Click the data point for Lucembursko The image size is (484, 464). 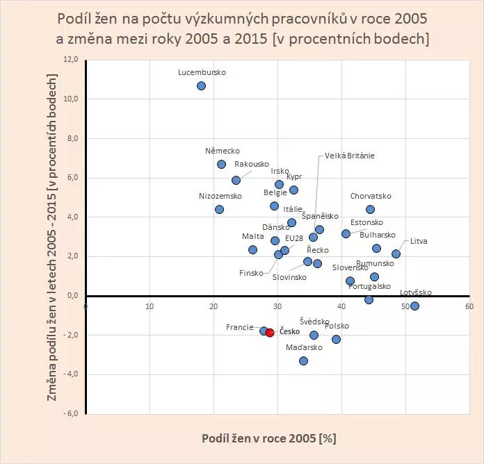[201, 85]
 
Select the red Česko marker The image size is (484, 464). [270, 333]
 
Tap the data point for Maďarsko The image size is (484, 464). [303, 361]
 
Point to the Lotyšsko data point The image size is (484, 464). [414, 306]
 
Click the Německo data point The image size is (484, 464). [221, 164]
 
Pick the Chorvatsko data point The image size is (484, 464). [370, 209]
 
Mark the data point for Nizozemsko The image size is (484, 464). [219, 209]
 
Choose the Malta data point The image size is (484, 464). [252, 249]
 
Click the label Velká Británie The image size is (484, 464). [349, 156]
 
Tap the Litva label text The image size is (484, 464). [419, 241]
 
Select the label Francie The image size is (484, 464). [240, 326]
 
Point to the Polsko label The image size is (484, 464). [336, 326]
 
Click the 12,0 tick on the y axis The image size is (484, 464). [71, 60]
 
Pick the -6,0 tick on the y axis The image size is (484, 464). [71, 414]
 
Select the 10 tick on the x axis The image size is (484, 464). [150, 306]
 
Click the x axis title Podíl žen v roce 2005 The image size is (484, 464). [268, 439]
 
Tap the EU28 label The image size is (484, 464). [294, 238]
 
